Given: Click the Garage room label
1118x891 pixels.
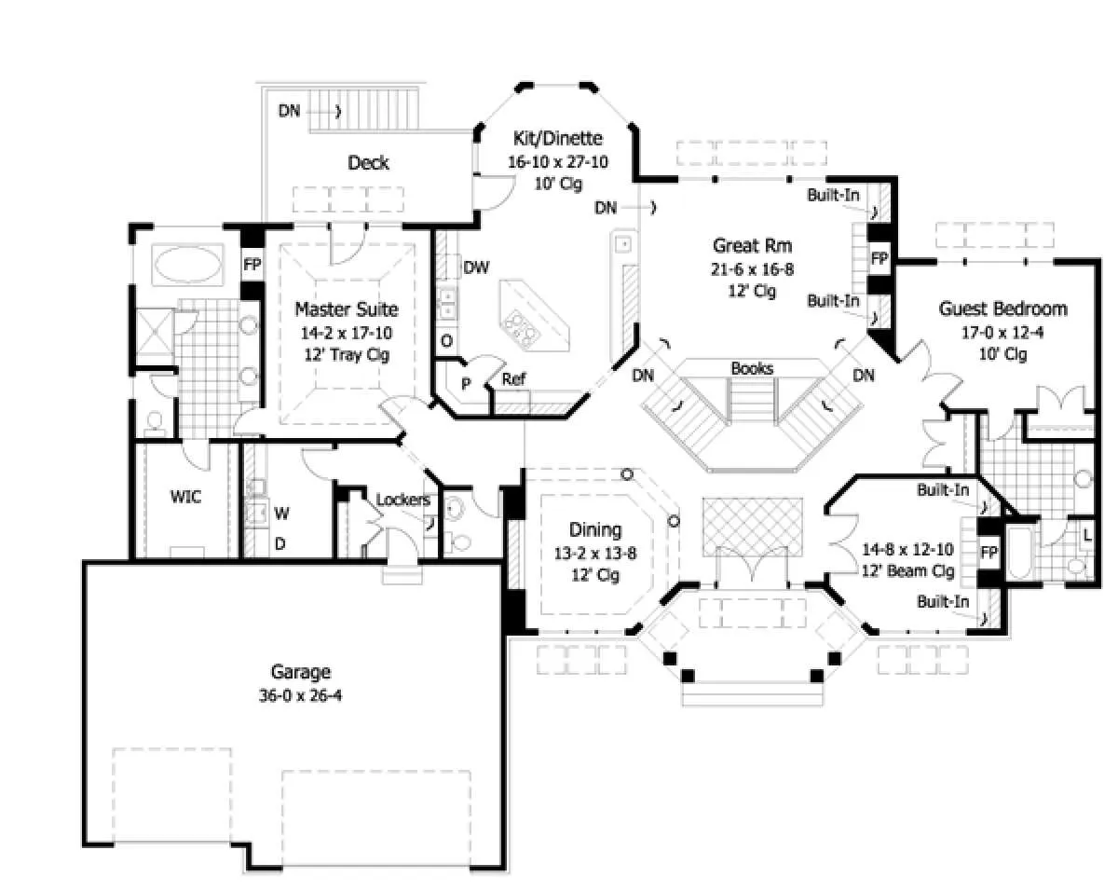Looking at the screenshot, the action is [300, 672].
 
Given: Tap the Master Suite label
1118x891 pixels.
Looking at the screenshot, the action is [347, 309].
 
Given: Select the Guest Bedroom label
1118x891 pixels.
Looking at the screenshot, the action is [1002, 308].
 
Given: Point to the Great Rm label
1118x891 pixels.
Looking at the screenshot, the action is [752, 245].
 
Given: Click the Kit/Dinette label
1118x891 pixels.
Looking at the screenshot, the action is [558, 138].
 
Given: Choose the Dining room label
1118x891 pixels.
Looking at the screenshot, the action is [595, 529].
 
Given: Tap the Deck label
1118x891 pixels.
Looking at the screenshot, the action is [368, 163].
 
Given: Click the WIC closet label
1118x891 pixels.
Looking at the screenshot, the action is [185, 497].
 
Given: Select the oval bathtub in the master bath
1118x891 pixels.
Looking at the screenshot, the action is [187, 264].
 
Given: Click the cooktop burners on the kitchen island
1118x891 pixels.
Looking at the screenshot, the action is [521, 329].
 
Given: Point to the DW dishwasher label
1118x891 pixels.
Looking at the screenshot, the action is [476, 267].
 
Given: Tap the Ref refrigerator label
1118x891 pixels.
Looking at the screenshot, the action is [513, 379].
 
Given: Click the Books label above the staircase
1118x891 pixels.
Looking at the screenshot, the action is [752, 368].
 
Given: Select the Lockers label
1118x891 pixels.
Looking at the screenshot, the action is [403, 500].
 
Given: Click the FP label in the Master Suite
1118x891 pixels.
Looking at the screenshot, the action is [252, 265].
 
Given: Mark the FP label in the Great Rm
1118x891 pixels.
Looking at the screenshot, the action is [879, 258].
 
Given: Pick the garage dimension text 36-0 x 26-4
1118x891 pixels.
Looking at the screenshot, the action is [300, 695].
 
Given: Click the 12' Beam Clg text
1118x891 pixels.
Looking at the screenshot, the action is [908, 571].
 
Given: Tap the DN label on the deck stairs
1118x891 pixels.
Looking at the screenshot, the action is [290, 111].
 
